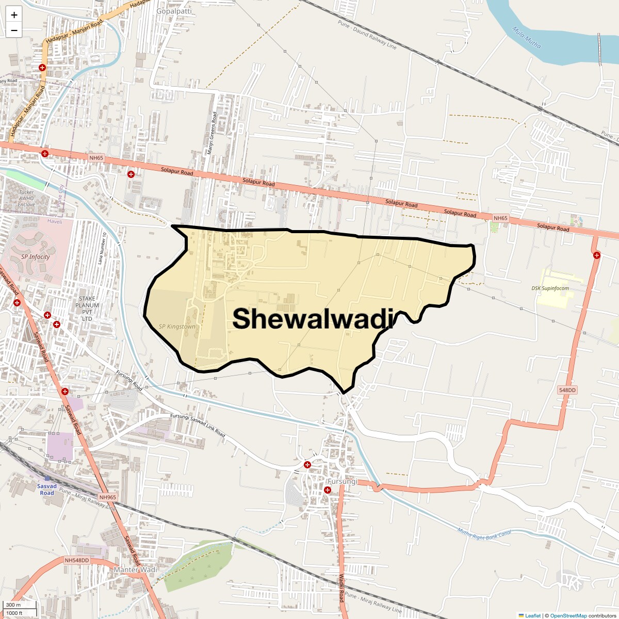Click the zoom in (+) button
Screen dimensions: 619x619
click(14, 15)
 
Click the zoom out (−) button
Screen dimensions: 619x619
click(14, 30)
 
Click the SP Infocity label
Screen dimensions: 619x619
click(36, 257)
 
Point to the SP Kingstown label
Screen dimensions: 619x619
click(177, 327)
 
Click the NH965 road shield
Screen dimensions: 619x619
click(108, 497)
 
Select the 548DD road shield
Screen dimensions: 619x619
click(567, 390)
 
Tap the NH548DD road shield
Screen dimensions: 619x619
click(77, 560)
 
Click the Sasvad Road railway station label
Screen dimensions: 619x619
click(47, 490)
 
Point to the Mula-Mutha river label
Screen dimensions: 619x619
click(527, 38)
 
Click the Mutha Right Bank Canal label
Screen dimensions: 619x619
click(484, 531)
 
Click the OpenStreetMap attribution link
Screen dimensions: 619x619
click(568, 615)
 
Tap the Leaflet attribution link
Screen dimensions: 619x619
click(532, 615)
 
